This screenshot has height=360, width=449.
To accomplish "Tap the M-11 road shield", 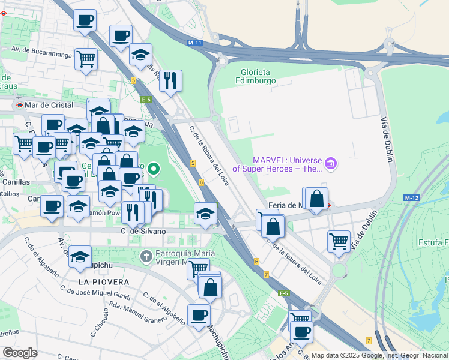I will coord(194,43).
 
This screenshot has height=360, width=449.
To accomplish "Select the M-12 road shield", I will coord(411,198).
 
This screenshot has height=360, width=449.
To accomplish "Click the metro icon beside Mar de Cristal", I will coord(20,105).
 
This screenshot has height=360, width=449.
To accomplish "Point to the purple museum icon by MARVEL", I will coord(330,163).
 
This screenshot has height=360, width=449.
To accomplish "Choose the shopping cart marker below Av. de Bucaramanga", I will coord(86,59).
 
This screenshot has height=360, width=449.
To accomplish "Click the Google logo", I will coord(20,353).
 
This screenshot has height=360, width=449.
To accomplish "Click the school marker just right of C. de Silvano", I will coord(205,214).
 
